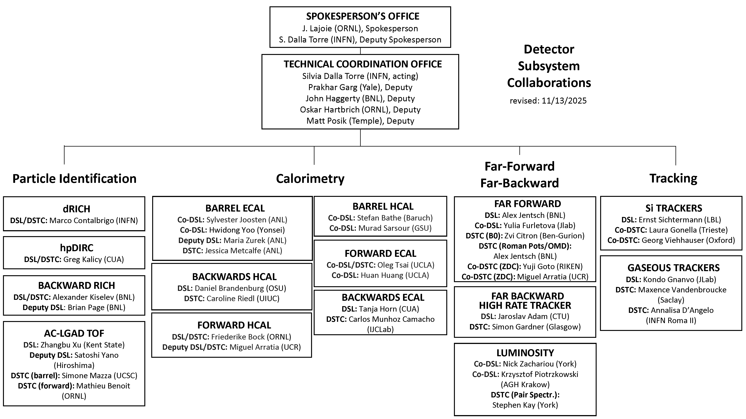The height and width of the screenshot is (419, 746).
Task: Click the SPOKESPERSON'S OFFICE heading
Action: (x=363, y=16)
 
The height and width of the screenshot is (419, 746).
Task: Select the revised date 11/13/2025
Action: (x=564, y=101)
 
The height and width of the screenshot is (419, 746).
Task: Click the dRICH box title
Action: (x=76, y=209)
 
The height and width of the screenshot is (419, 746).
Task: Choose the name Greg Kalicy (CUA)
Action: (x=93, y=259)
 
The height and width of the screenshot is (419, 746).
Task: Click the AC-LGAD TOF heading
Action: (x=74, y=333)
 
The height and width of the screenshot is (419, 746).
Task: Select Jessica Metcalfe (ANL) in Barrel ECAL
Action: (x=243, y=251)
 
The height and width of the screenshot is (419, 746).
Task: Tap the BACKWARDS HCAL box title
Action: (x=234, y=277)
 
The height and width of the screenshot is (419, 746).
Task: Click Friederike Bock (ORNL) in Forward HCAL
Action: (x=251, y=337)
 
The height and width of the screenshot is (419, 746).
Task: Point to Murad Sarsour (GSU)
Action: (x=395, y=228)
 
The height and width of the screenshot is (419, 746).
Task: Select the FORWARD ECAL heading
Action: (x=380, y=254)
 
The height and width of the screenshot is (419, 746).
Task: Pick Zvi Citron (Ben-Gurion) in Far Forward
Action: (x=544, y=236)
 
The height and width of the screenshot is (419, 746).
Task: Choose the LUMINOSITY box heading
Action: (x=525, y=353)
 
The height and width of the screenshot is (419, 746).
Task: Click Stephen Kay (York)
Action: (x=525, y=405)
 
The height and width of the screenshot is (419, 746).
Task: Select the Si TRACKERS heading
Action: (x=674, y=208)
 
